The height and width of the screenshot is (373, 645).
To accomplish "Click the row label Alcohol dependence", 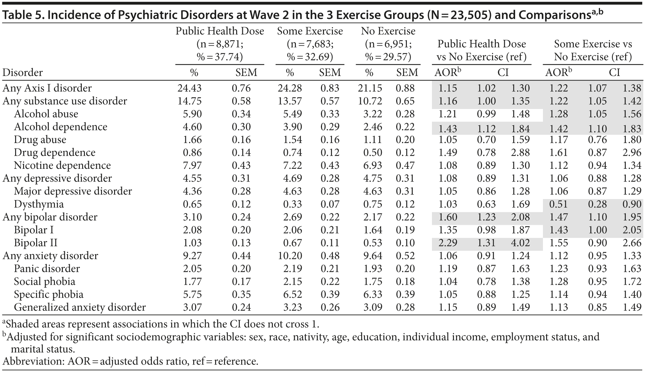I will point(60,127).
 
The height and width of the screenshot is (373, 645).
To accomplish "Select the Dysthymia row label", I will point(38,204).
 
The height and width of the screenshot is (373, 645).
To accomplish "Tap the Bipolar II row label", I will point(35,243).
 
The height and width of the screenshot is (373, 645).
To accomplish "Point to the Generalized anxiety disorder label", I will point(80,307).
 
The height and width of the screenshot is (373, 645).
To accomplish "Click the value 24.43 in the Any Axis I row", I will point(189,88).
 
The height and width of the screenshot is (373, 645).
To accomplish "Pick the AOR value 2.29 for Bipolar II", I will point(448,243).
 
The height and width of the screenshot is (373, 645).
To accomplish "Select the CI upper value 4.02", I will point(521,243).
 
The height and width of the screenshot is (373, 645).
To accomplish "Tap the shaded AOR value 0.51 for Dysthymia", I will point(558,204).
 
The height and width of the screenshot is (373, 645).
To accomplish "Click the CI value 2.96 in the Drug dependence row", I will point(632,153).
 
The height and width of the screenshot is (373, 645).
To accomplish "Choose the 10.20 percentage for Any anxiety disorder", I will point(290,256).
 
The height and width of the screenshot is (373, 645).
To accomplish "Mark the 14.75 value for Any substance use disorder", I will point(189,101).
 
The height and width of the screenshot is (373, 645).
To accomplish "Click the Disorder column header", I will point(23,73).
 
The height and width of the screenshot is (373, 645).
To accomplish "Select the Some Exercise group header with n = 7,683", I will point(310,44).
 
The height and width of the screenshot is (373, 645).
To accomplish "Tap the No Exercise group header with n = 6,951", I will point(388,44).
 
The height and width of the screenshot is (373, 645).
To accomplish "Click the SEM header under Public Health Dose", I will point(246,73).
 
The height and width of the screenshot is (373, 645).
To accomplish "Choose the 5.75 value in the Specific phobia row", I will point(192,295).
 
